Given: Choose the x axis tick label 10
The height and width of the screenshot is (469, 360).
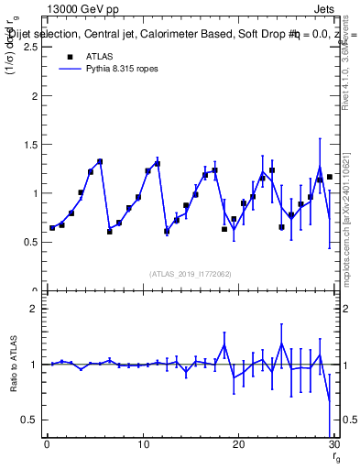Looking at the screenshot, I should point(142,444).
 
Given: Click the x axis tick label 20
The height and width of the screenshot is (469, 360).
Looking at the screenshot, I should point(238,444).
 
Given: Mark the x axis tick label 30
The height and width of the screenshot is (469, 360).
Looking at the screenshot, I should point(333,444).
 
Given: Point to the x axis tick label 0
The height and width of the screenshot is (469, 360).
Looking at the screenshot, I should point(47,444).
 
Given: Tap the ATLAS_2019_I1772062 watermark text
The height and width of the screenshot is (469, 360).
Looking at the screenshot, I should point(190,274).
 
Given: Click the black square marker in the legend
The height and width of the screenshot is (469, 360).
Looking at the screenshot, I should point(70,56).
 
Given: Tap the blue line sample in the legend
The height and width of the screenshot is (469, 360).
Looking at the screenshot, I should point(70,69).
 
